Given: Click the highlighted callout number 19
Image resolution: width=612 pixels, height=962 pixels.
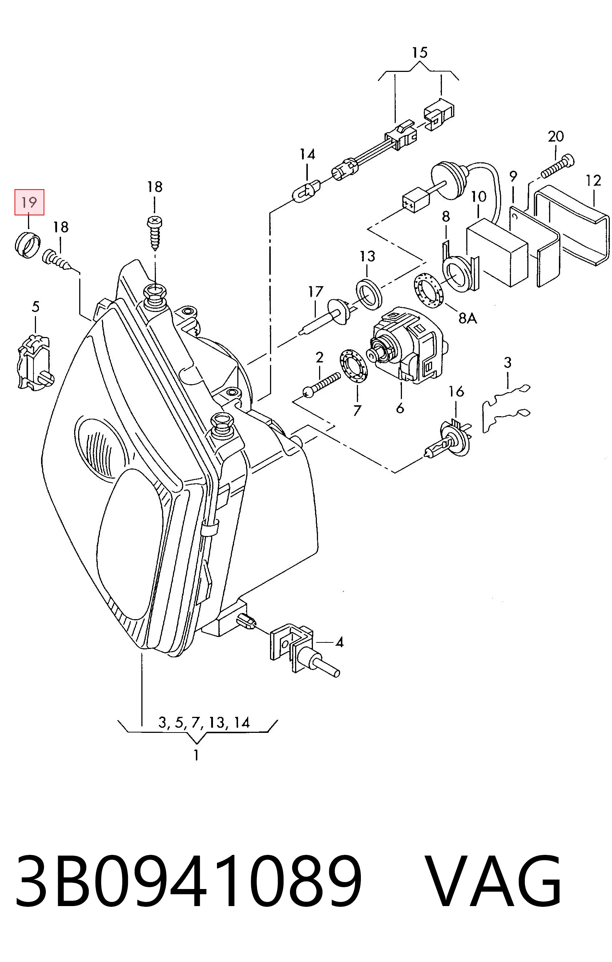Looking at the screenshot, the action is pyautogui.click(x=29, y=202).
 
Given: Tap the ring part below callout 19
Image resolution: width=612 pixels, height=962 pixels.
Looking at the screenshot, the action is pyautogui.click(x=27, y=244).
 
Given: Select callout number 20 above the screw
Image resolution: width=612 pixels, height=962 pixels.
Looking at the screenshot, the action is pyautogui.click(x=556, y=137).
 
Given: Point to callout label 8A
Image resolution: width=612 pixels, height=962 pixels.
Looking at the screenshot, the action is pyautogui.click(x=468, y=318).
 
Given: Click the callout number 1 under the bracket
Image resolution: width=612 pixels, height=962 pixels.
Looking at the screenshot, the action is pyautogui.click(x=196, y=755).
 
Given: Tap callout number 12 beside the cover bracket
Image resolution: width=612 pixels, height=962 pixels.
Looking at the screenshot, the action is pyautogui.click(x=593, y=180).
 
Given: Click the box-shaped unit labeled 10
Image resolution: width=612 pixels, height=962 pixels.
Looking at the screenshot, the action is pyautogui.click(x=497, y=252).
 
